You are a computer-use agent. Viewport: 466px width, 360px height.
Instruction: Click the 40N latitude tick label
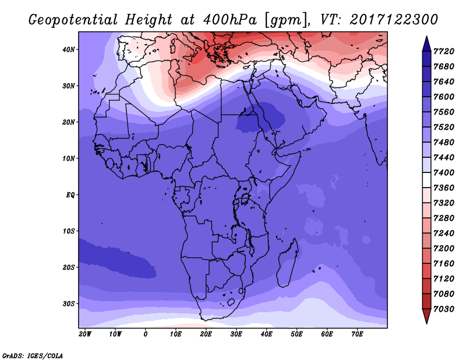68,50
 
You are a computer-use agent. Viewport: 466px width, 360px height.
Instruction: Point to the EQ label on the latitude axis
70,195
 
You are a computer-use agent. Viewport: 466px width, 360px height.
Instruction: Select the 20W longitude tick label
85,334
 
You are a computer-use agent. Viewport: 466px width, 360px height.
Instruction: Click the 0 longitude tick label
146,334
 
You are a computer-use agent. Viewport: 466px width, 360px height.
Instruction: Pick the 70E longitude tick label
357,334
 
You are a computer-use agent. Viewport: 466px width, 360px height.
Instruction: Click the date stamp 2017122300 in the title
394,19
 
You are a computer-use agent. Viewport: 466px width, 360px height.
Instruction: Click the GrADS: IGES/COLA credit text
32,355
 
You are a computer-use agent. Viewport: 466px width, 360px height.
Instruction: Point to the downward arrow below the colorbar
426,316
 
